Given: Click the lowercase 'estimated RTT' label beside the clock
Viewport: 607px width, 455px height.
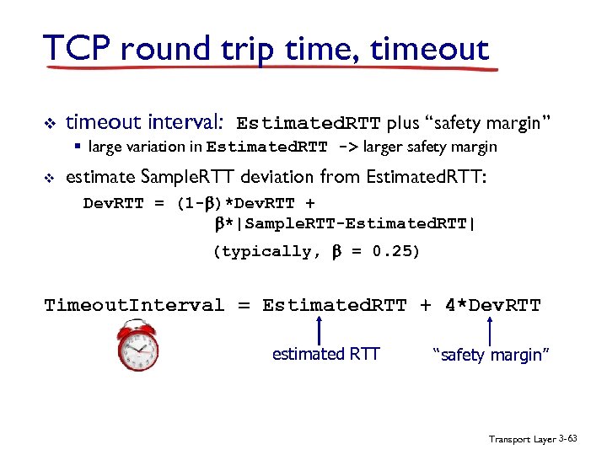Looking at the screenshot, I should pyautogui.click(x=325, y=355).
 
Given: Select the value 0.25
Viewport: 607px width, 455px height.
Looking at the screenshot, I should pyautogui.click(x=396, y=251).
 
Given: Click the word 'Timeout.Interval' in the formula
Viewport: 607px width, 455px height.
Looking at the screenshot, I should pyautogui.click(x=134, y=305).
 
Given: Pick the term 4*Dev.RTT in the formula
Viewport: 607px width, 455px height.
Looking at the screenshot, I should pyautogui.click(x=492, y=305).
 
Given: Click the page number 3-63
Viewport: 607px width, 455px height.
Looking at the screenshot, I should pyautogui.click(x=570, y=439).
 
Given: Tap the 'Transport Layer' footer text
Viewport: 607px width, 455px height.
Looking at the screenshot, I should pyautogui.click(x=522, y=439).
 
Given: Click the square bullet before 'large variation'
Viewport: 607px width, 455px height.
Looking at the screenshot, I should pyautogui.click(x=77, y=147).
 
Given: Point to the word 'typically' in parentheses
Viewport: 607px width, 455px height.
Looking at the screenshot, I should pyautogui.click(x=270, y=251).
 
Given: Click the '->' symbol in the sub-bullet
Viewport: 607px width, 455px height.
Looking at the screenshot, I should pyautogui.click(x=346, y=147).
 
